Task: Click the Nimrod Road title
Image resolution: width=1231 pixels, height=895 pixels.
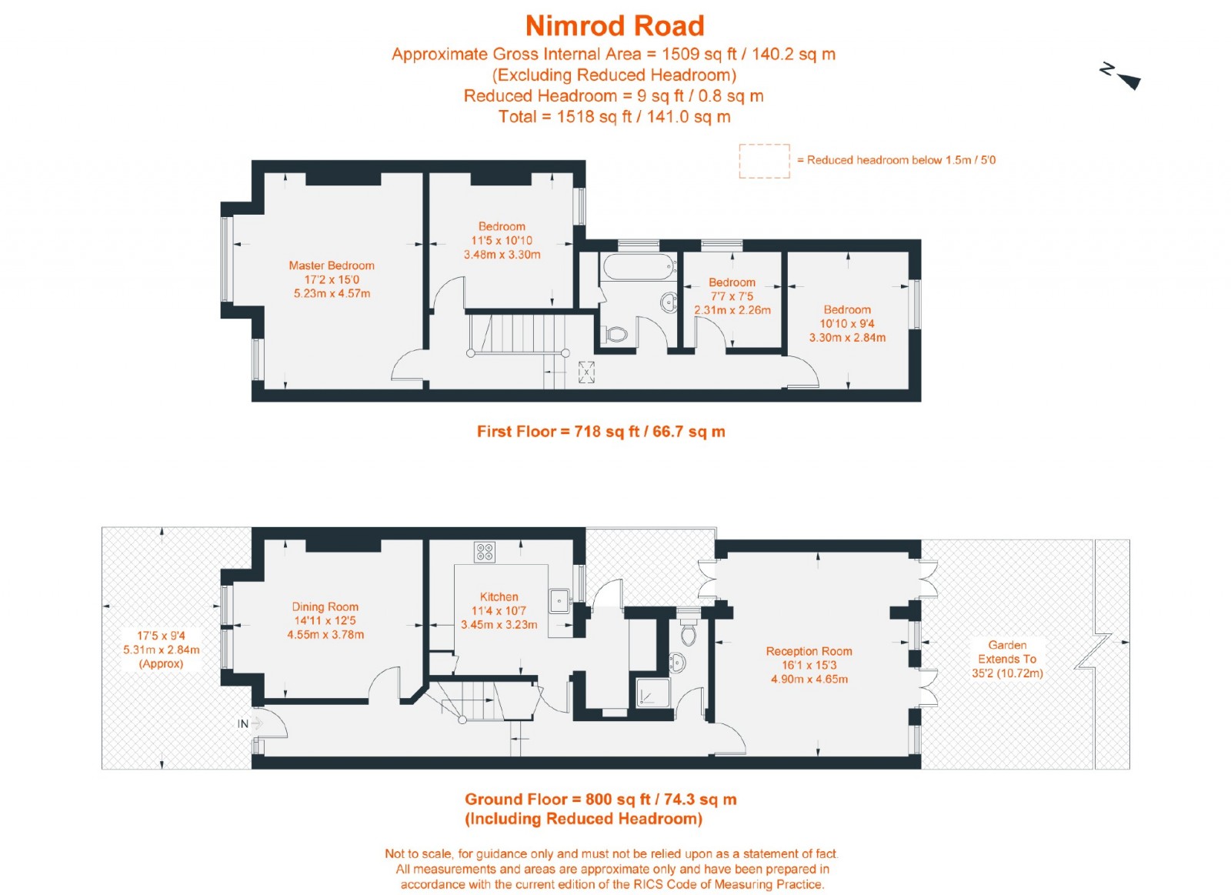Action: [x=615, y=25]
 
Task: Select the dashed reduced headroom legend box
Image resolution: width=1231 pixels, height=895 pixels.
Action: [x=764, y=161]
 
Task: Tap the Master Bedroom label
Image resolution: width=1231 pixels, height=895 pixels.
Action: [x=332, y=265]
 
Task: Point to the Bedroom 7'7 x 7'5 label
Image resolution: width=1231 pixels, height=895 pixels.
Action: [x=732, y=296]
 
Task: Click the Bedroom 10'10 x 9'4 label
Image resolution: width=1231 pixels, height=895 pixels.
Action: [x=847, y=323]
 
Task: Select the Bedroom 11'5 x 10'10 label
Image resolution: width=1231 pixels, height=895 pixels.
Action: [x=502, y=240]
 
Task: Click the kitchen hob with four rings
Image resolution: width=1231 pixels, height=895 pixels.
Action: [x=485, y=552]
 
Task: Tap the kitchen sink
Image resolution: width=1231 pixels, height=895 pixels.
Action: [x=559, y=599]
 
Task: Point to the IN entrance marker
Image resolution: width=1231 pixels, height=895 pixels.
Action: [x=243, y=723]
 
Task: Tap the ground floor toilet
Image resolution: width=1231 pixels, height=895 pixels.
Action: [x=688, y=633]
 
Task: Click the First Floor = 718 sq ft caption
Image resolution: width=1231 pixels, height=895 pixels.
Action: [x=601, y=432]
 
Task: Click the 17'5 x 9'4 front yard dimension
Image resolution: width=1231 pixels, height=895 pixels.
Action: [x=161, y=636]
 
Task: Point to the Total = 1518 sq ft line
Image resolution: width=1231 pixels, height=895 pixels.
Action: [x=614, y=117]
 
